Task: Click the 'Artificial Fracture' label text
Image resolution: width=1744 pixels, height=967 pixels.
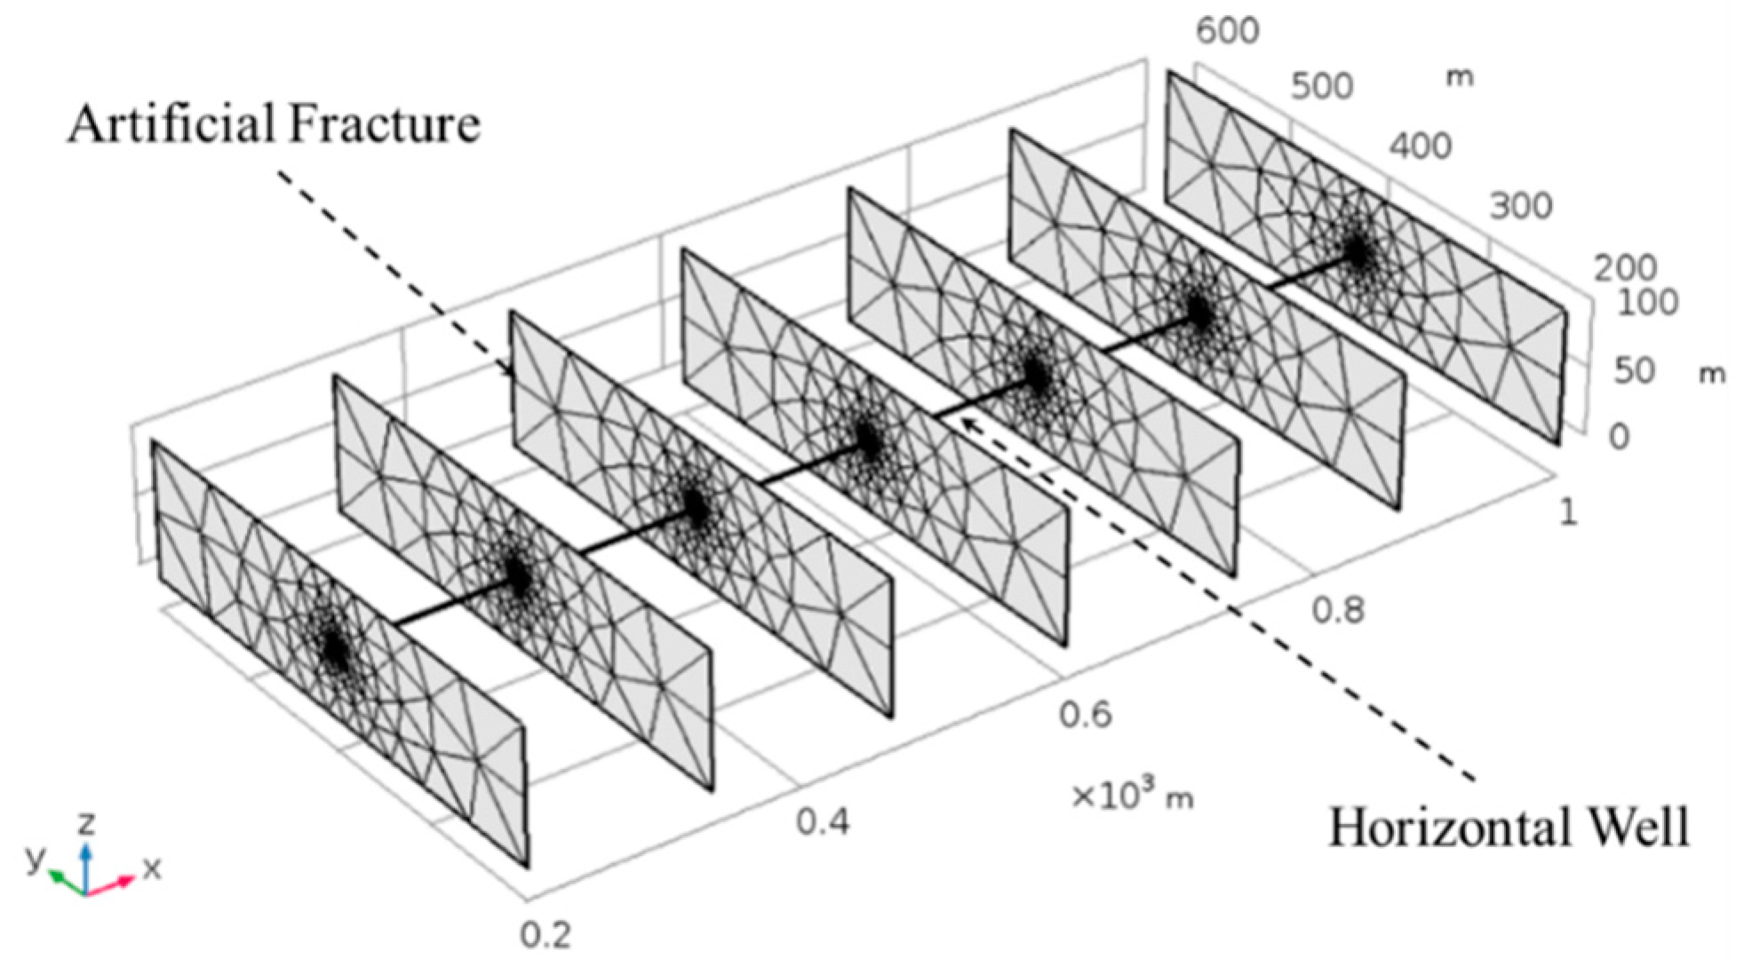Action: [x=274, y=123]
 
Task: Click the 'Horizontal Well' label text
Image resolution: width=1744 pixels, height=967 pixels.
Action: [x=1508, y=828]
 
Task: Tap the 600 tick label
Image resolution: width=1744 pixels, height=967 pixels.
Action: [x=1227, y=31]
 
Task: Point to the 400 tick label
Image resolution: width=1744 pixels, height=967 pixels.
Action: [x=1421, y=146]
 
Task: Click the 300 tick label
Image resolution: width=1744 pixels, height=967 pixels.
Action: [x=1521, y=206]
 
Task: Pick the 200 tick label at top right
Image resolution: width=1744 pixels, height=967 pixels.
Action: [x=1625, y=267]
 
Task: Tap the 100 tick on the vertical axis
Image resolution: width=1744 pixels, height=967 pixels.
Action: [x=1646, y=303]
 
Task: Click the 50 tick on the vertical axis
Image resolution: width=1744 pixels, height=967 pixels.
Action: [x=1634, y=370]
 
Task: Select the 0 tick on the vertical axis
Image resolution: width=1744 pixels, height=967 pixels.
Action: [x=1619, y=436]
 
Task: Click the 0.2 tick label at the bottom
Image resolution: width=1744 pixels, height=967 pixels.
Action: [x=545, y=934]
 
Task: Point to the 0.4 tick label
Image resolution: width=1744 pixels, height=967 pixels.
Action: [x=822, y=822]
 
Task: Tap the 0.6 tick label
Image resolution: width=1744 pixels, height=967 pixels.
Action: [x=1085, y=714]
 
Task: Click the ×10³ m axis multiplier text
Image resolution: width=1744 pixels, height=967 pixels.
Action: [x=1132, y=796]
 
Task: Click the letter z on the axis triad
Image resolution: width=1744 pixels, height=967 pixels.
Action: [x=86, y=824]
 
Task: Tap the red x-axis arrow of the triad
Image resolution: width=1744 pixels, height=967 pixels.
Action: [x=115, y=884]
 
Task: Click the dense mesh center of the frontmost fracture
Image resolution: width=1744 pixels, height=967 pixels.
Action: [x=336, y=649]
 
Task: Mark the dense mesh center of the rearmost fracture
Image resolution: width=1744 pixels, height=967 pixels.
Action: [x=1357, y=252]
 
